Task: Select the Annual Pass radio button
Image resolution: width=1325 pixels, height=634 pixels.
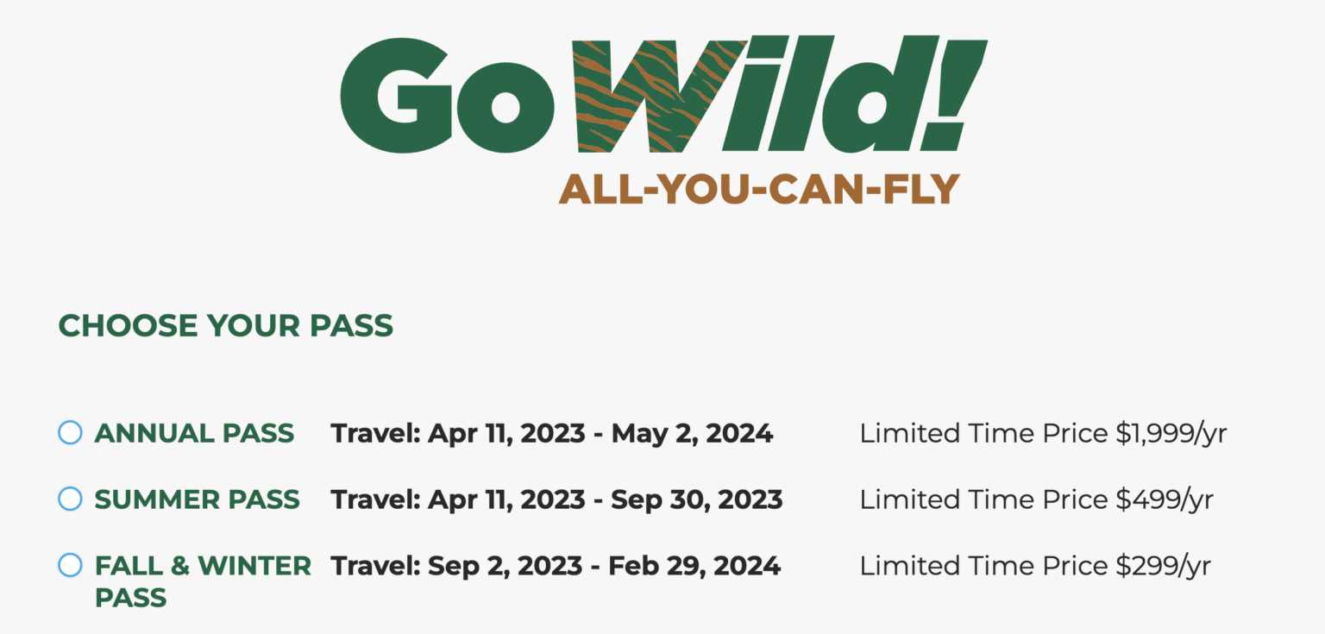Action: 70,433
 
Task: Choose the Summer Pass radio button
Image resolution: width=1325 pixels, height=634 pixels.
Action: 70,499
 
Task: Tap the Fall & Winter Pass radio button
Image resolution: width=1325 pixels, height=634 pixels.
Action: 70,566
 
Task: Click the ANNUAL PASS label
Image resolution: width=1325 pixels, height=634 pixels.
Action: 194,433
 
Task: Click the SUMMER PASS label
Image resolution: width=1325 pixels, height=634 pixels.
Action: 197,499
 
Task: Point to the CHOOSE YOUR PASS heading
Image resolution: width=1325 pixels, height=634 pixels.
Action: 225,326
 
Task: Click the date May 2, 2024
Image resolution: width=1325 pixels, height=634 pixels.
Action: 692,434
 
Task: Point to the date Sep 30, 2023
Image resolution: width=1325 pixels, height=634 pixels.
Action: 697,499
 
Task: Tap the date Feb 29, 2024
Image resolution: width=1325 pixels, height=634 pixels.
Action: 694,566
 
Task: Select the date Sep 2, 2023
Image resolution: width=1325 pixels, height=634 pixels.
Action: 505,566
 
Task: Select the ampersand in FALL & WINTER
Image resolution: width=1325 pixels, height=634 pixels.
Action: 179,566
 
